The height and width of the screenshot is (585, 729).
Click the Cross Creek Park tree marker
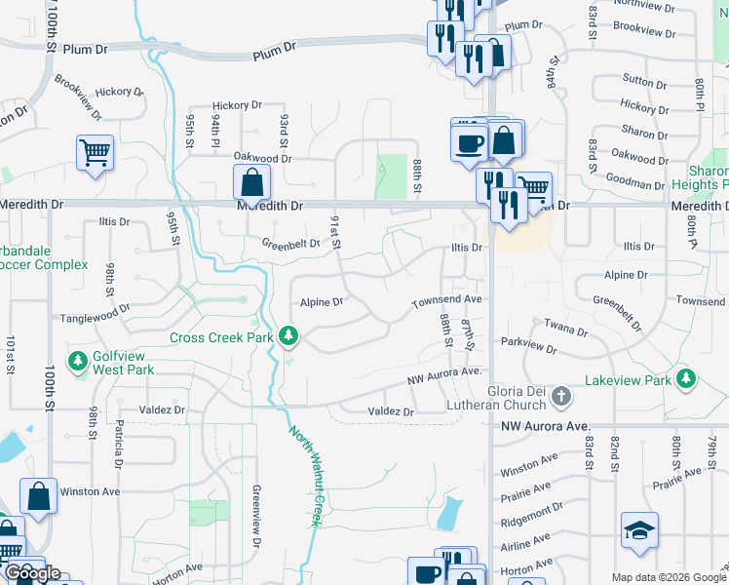pos(288,337)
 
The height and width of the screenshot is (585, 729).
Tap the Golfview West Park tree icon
pos(78,362)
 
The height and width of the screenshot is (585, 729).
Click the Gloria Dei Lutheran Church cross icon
pos(560,396)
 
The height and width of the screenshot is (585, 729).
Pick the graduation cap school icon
pos(639,529)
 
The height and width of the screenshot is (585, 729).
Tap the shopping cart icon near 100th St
pos(96,151)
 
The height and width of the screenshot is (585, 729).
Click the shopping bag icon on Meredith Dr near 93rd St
pos(251,180)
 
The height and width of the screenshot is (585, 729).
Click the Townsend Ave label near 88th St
pos(447,299)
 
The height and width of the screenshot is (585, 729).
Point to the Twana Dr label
pos(566,329)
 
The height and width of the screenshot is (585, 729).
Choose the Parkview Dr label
pos(529,345)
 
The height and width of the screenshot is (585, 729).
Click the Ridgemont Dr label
pos(530,513)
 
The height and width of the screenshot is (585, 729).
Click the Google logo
pos(32,574)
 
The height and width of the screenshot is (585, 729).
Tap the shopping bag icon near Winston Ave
pos(38,495)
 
